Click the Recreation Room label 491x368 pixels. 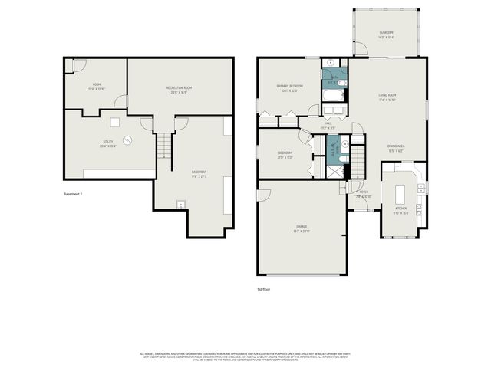tap(179, 89)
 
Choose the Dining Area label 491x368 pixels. tap(396, 148)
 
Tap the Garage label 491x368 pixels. tap(302, 227)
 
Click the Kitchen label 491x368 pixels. tap(401, 209)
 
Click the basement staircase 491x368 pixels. tap(164, 144)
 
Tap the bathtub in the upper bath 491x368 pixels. tap(333, 96)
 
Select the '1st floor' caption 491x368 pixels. tap(263, 289)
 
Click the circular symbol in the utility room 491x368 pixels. tap(128, 140)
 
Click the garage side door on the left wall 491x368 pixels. tap(262, 195)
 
